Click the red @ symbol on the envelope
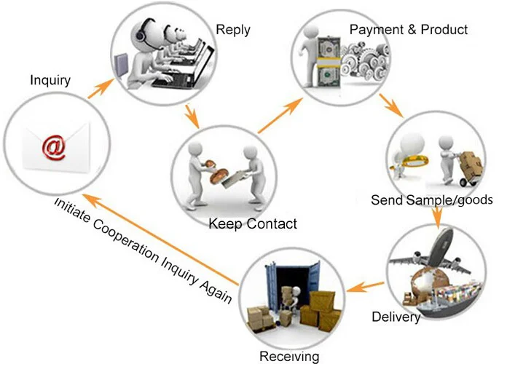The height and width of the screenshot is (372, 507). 53,146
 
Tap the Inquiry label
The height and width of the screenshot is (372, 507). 50,80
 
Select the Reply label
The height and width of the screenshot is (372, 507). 233,30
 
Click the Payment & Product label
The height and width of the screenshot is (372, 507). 409,30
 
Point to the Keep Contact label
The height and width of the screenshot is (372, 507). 253,223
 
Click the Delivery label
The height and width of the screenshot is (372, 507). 396,317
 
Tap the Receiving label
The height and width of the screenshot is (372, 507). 289,357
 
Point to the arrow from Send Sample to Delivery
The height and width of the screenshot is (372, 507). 436,216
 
